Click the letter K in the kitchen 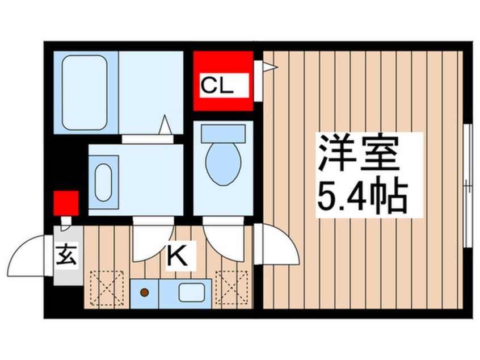tap(178, 257)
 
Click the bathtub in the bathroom tap(85, 92)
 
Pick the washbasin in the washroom tap(103, 182)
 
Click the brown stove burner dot tap(145, 292)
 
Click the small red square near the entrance tap(66, 203)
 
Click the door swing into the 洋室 tap(278, 244)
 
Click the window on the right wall tap(467, 185)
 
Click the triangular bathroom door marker tap(165, 125)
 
